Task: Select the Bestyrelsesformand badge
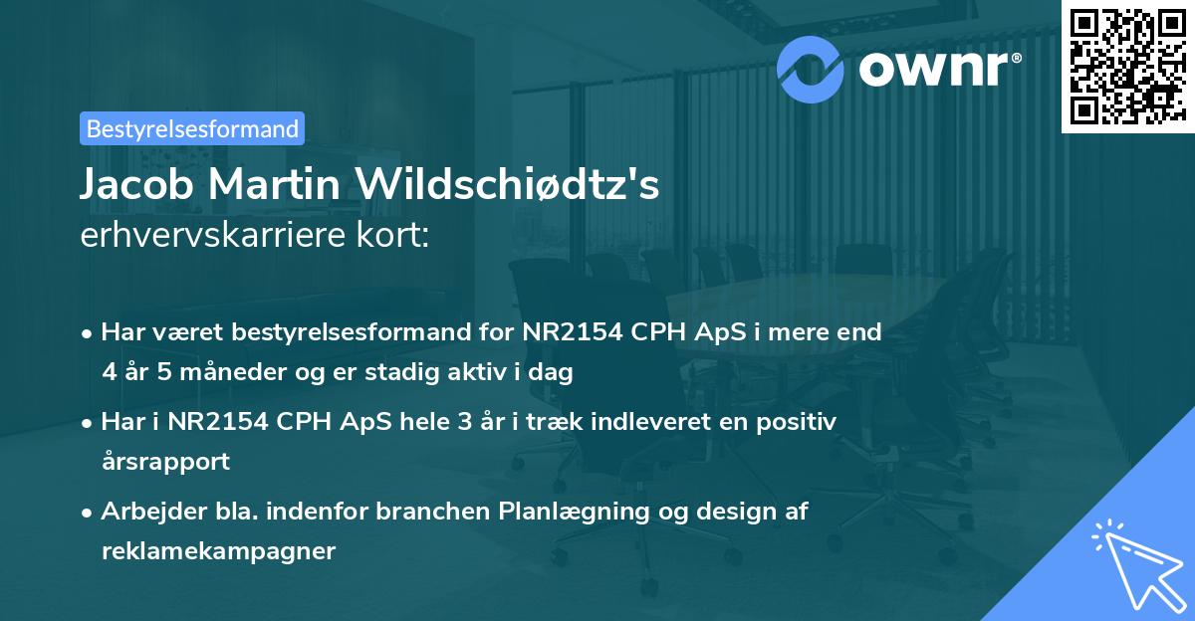tap(191, 128)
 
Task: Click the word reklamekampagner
tap(218, 551)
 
